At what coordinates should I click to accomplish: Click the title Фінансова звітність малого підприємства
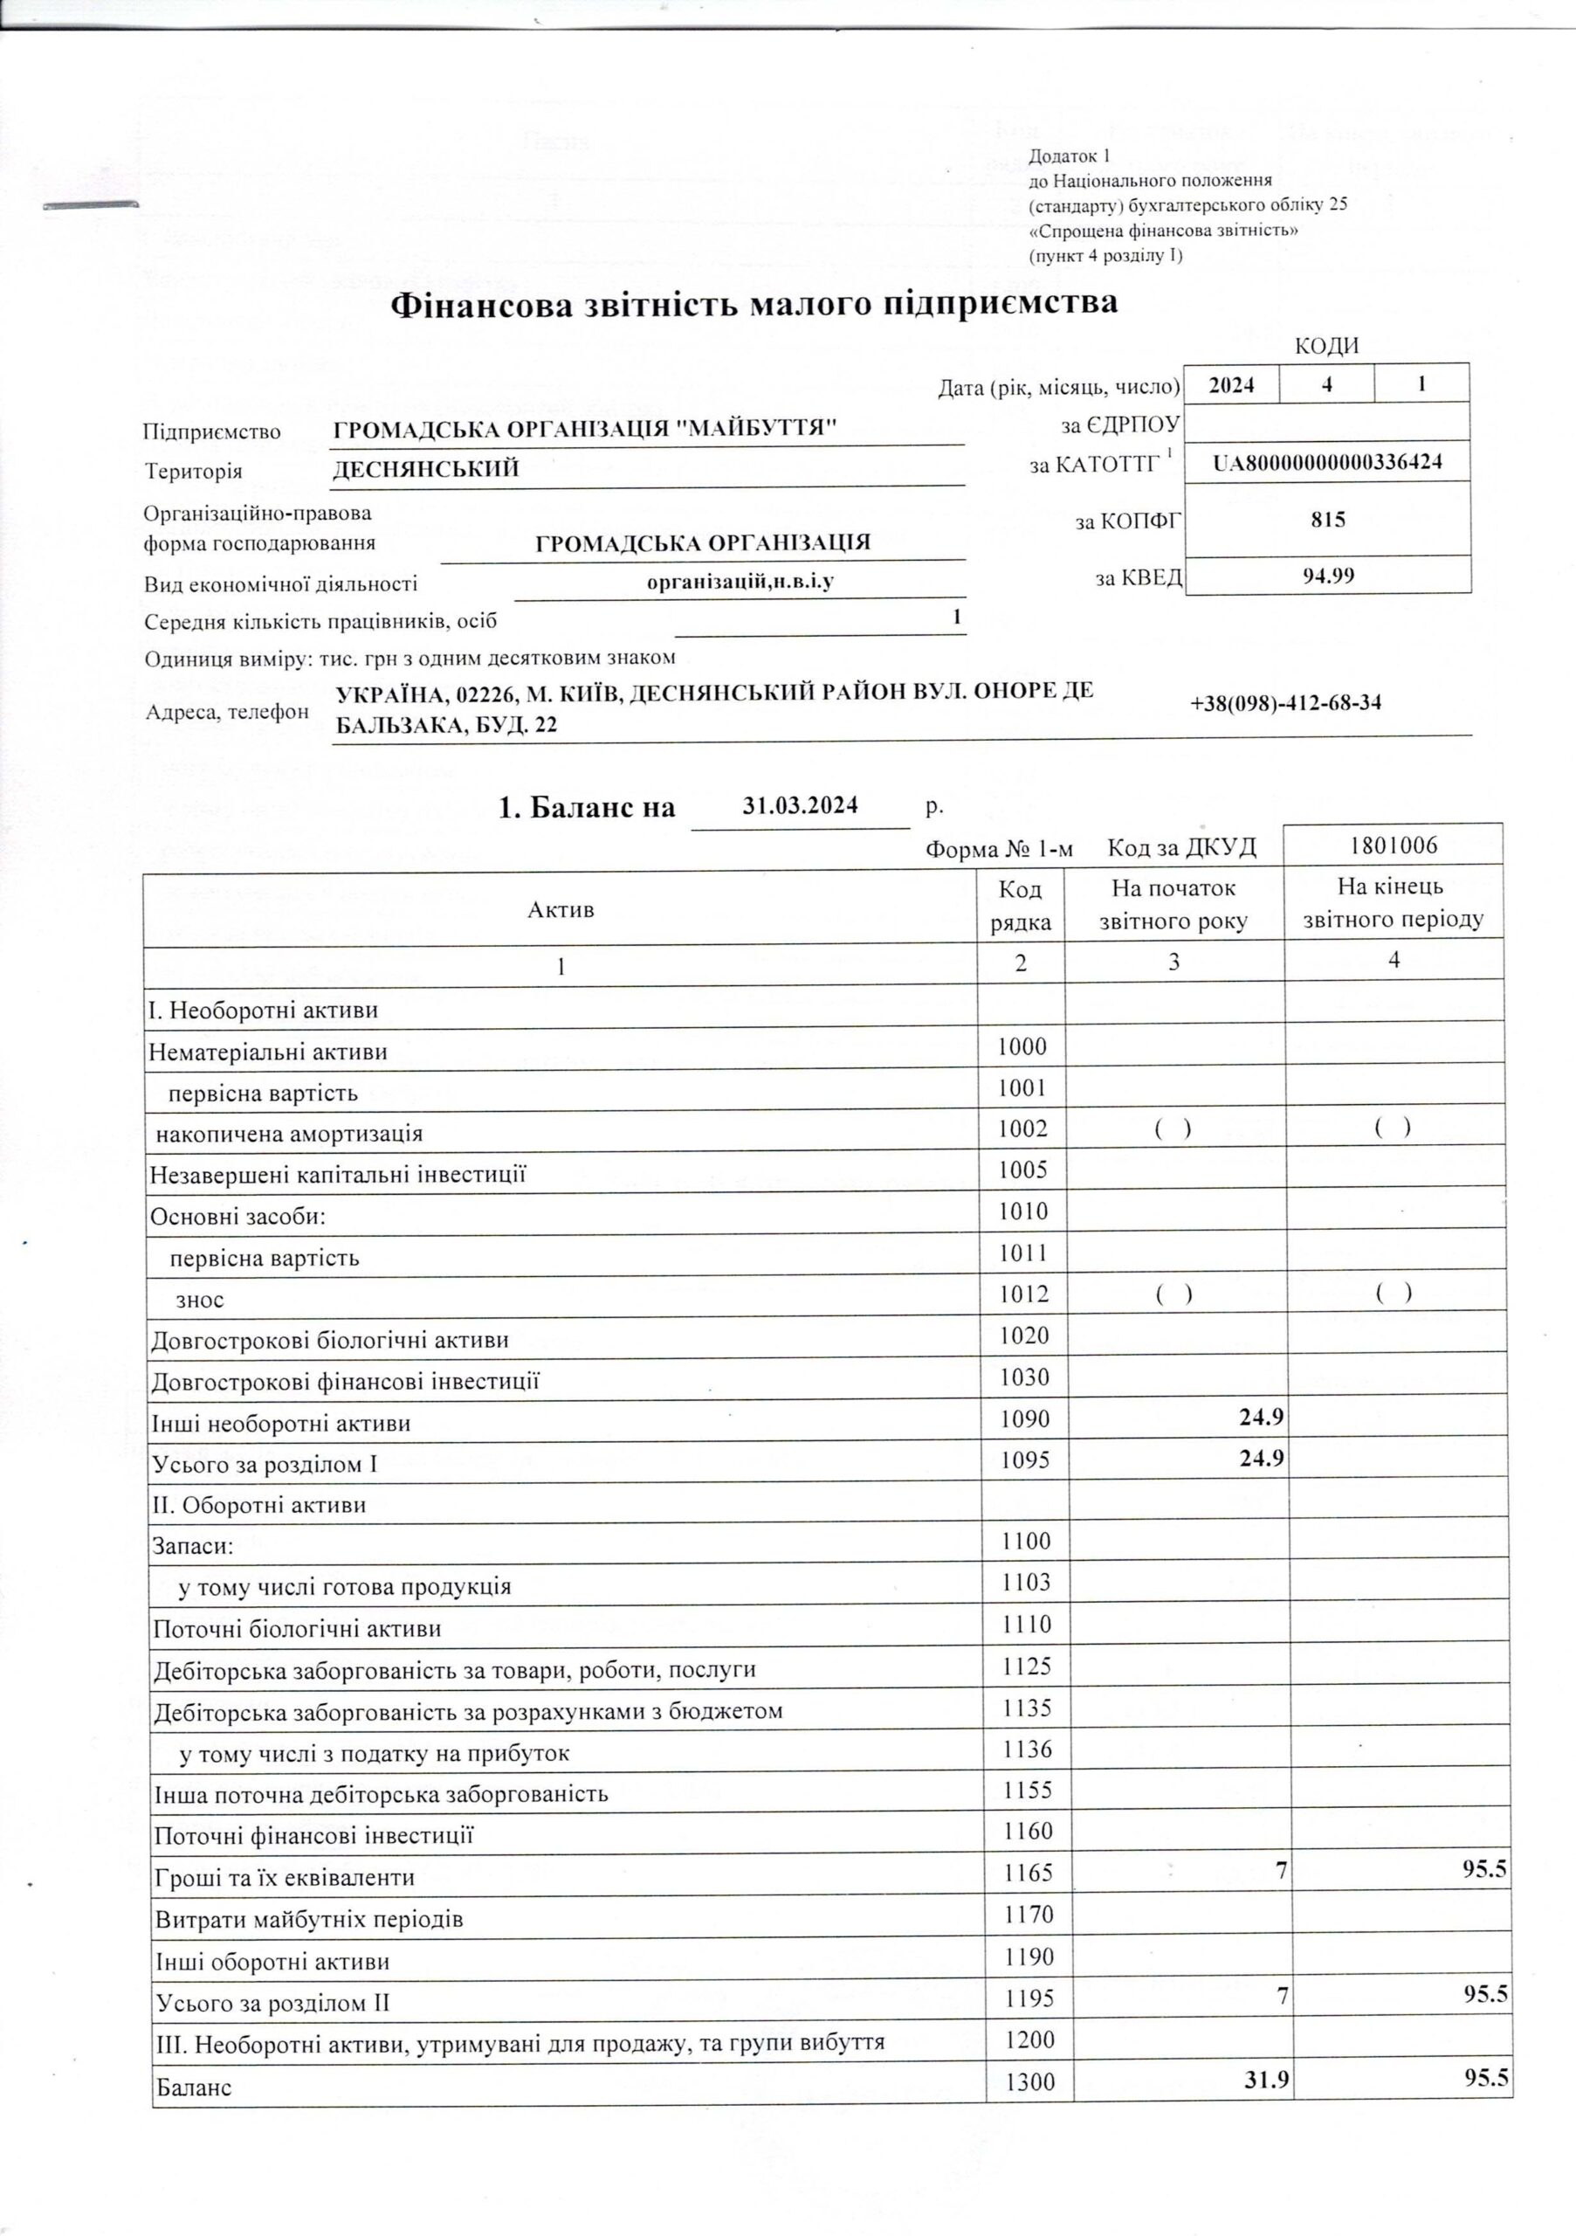[754, 305]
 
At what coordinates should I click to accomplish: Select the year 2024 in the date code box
[1231, 384]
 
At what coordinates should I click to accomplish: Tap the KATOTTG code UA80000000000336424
[1328, 463]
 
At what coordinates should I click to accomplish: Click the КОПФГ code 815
[1328, 519]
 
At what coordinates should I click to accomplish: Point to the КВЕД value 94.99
[1329, 576]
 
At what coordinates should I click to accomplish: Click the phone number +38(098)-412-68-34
[1285, 703]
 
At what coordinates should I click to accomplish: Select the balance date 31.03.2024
[799, 805]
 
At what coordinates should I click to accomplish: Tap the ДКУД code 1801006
[1393, 845]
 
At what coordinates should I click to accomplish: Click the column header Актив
[561, 909]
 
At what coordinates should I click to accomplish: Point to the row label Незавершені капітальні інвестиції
[338, 1175]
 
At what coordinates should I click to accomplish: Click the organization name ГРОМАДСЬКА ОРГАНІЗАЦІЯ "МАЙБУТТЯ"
[585, 429]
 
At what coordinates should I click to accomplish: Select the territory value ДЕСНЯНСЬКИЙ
[425, 469]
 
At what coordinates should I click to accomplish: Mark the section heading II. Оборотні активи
[259, 1505]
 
